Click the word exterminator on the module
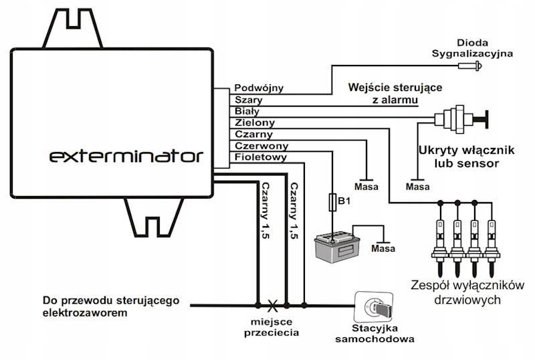coord(126,157)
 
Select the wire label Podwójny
coord(259,88)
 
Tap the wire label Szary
coord(249,99)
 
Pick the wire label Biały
coord(247,111)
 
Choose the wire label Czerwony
coord(261,146)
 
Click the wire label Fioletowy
coord(261,158)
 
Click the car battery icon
coord(338,245)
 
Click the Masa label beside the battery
coord(383,250)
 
